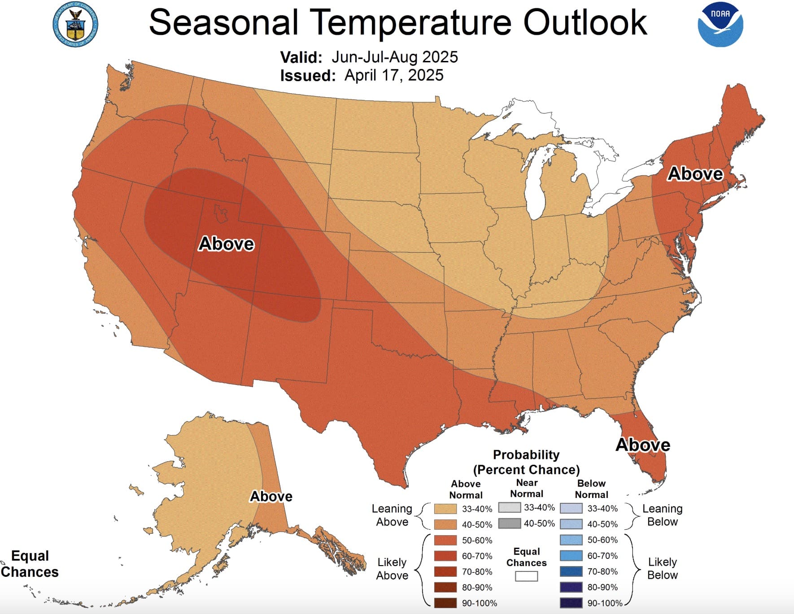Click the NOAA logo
pos(720,25)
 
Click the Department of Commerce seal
pos(75,25)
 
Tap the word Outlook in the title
pos(585,22)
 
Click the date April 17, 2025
pos(393,75)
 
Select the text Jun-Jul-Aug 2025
pos(394,57)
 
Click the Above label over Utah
pos(226,244)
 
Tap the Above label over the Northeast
pos(695,174)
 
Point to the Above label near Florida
pos(642,445)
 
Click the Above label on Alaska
pos(271,497)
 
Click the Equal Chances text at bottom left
pos(30,564)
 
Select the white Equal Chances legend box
pos(526,576)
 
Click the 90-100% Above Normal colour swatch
pos(445,603)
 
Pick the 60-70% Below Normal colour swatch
pos(571,556)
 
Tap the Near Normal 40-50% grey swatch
pos(509,523)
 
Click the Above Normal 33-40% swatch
pos(445,509)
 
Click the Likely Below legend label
pos(662,568)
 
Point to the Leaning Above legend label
pos(392,515)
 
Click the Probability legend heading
pos(526,455)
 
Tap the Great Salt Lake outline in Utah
pos(220,213)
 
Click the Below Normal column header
pos(591,489)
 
